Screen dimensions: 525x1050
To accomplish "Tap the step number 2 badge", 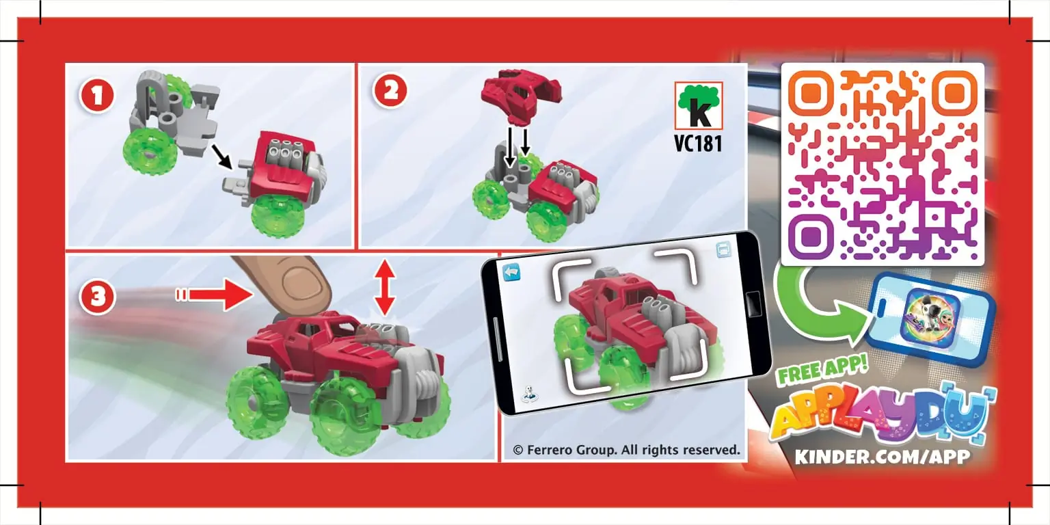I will [390, 92].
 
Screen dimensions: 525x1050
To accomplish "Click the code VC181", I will [698, 144].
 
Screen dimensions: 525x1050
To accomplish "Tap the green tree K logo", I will [698, 106].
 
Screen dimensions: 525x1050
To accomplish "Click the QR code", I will [882, 164].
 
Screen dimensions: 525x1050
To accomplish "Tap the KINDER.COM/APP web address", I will [882, 457].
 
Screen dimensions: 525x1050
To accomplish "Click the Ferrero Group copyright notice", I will [626, 450].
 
